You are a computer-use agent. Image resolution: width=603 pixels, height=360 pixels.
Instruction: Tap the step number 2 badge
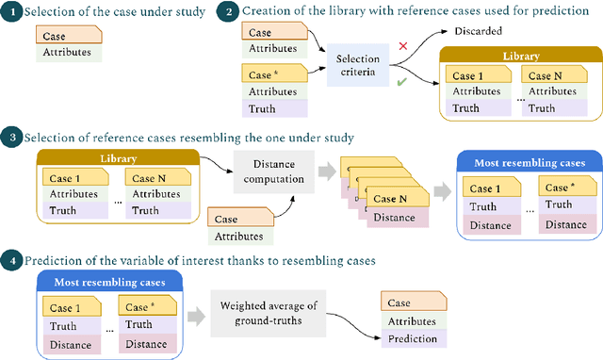click(225, 12)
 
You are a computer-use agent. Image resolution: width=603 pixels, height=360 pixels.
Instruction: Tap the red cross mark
click(404, 45)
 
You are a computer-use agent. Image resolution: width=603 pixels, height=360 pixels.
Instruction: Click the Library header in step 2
click(521, 57)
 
